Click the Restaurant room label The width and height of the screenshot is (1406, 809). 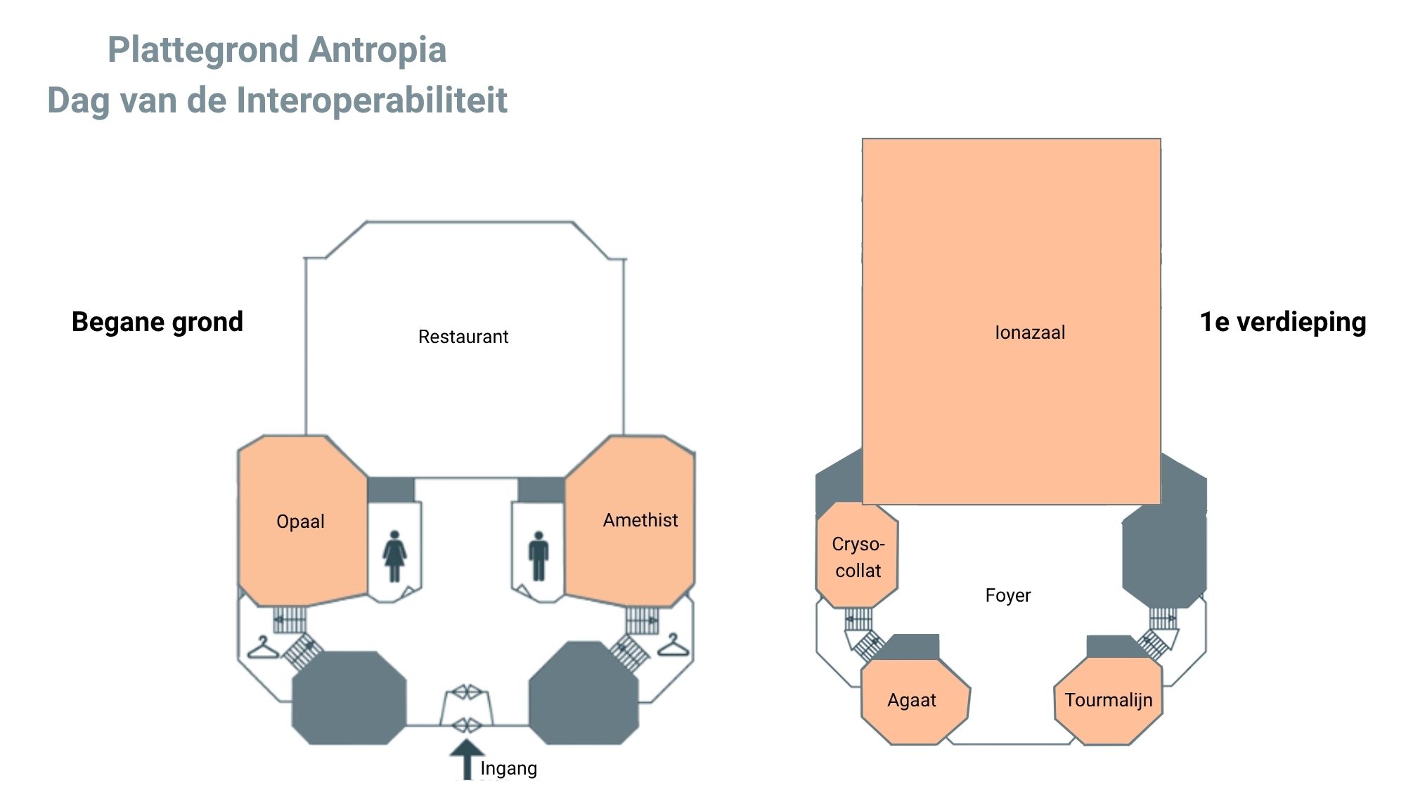point(463,337)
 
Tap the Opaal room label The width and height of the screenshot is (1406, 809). point(300,522)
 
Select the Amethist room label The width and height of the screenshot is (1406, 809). point(640,520)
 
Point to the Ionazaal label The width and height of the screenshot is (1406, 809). point(1029,332)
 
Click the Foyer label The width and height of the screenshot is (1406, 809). point(1007,595)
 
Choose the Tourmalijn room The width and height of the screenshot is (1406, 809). point(1108,700)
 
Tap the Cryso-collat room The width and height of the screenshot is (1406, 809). point(858,556)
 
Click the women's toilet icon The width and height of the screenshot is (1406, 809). point(394,556)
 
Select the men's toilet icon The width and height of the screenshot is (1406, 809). point(538,556)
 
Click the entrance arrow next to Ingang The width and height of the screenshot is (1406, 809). point(467,758)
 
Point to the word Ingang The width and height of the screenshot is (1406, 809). point(508,768)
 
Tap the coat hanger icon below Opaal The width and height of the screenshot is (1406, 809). point(263,648)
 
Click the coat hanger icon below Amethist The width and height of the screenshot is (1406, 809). point(673,645)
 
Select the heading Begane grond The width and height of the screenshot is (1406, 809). point(157,322)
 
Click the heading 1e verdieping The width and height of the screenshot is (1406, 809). point(1282,322)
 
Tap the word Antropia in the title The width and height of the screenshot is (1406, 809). point(378,50)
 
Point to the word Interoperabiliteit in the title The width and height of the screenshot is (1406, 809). point(371,101)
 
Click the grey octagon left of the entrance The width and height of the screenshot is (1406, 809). point(349,697)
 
